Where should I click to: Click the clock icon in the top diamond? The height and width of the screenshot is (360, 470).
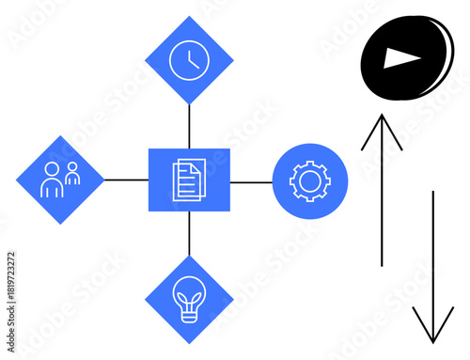[x=189, y=60]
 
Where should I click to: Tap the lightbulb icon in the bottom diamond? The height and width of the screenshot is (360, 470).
[x=189, y=300]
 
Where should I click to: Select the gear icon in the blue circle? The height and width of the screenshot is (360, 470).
[x=310, y=180]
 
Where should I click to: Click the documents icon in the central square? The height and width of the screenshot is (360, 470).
[x=189, y=180]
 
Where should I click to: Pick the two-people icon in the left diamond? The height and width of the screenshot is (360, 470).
[x=60, y=180]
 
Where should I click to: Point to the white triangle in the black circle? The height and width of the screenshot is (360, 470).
[x=401, y=59]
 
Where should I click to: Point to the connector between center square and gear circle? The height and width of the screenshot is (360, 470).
[x=251, y=180]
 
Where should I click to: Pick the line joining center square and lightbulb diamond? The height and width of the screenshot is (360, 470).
[x=189, y=235]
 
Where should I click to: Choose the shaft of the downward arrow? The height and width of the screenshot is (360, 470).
[x=432, y=254]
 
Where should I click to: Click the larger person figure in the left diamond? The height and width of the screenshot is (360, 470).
[x=51, y=181]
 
